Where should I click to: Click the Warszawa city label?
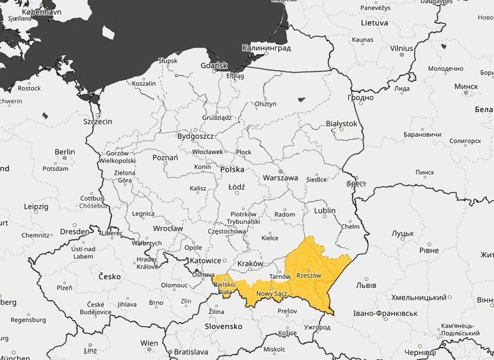click(x=280, y=177)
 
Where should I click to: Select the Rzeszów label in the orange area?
click(x=309, y=275)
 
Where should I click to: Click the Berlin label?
click(x=65, y=152)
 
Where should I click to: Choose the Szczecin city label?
click(x=98, y=122)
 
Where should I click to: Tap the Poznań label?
click(x=165, y=157)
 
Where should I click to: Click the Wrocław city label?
click(x=168, y=228)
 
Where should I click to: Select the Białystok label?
click(x=342, y=124)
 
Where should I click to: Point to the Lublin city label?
click(x=325, y=211)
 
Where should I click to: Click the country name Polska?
click(x=232, y=169)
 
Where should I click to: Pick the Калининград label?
click(x=266, y=48)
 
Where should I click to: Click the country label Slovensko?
click(x=223, y=326)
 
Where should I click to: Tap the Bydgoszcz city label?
click(x=195, y=136)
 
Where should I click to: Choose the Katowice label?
click(x=205, y=261)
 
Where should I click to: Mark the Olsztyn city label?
click(x=266, y=104)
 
